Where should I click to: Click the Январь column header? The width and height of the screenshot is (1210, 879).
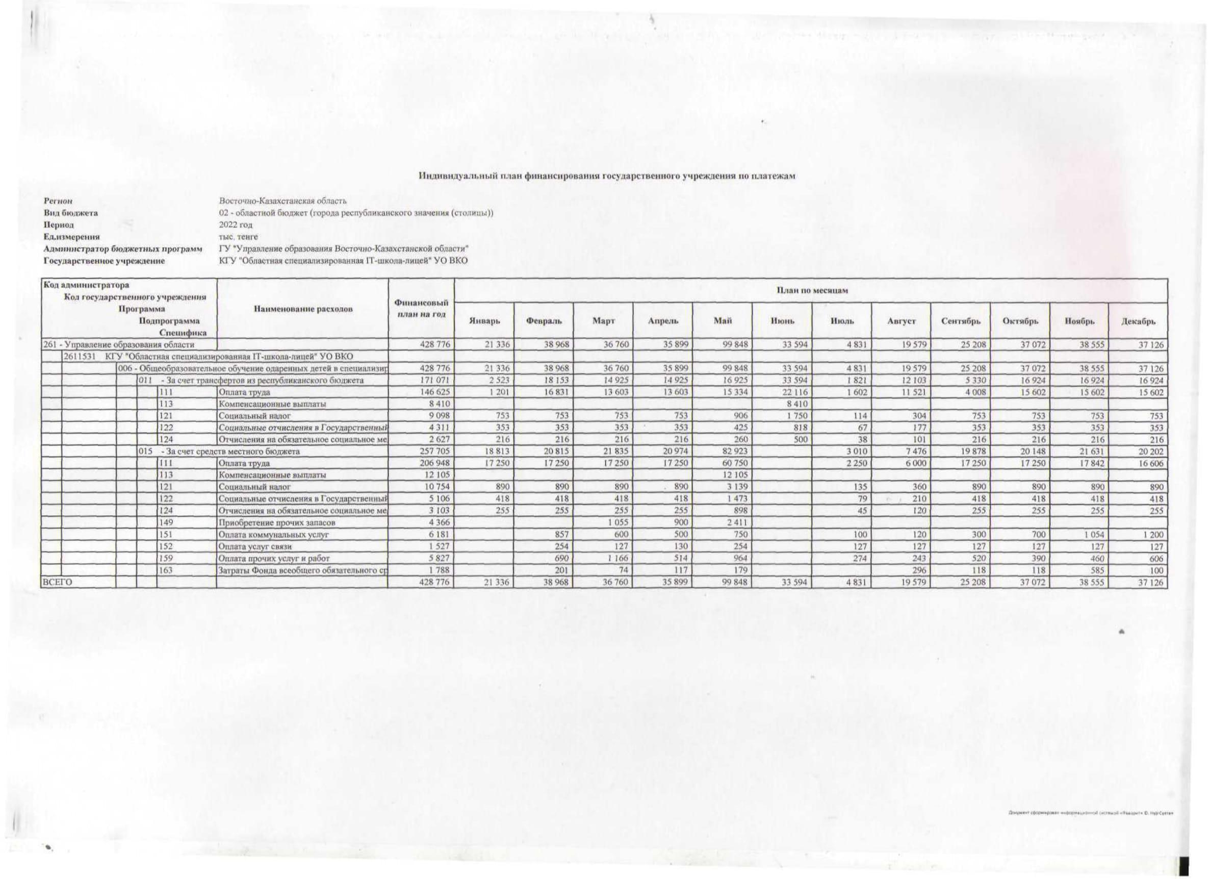coord(484,321)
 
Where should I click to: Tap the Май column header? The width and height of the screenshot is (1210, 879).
coord(722,321)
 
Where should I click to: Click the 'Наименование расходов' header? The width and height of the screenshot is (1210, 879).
coord(302,309)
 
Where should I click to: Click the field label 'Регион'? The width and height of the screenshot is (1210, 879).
coord(58,201)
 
